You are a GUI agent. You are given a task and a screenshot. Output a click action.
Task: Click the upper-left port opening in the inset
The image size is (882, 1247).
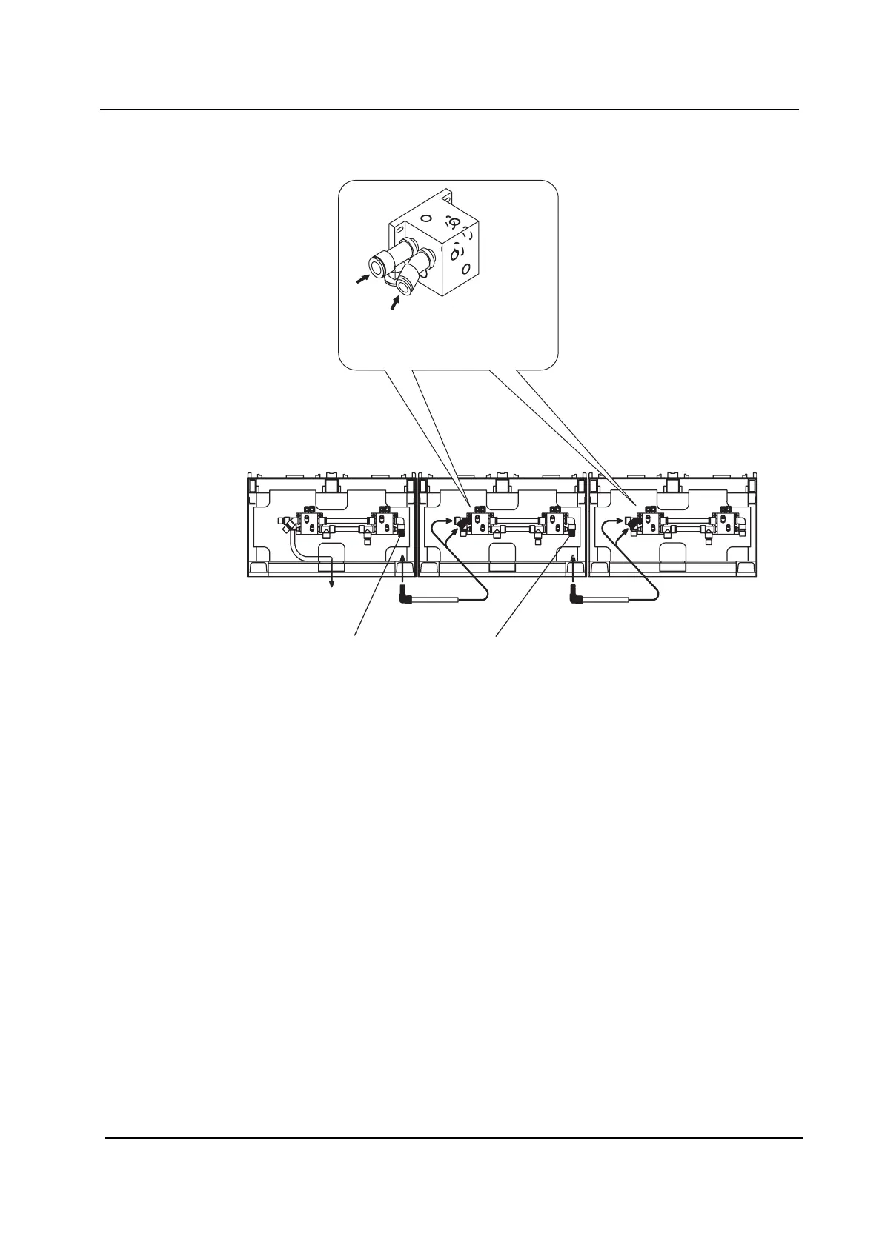tap(379, 264)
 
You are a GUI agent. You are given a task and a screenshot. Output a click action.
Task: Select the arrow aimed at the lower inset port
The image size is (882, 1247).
tap(395, 302)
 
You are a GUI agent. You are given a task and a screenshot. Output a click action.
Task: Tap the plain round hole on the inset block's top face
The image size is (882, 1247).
tap(425, 218)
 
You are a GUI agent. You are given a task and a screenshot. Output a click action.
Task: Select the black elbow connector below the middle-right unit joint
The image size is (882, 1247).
tap(575, 593)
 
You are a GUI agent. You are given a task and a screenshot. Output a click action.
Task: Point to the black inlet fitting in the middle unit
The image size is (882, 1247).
tap(461, 524)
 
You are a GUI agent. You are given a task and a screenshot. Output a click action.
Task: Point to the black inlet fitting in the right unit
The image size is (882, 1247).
tap(631, 524)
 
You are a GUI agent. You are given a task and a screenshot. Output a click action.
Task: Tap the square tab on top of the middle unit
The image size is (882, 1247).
tap(503, 484)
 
